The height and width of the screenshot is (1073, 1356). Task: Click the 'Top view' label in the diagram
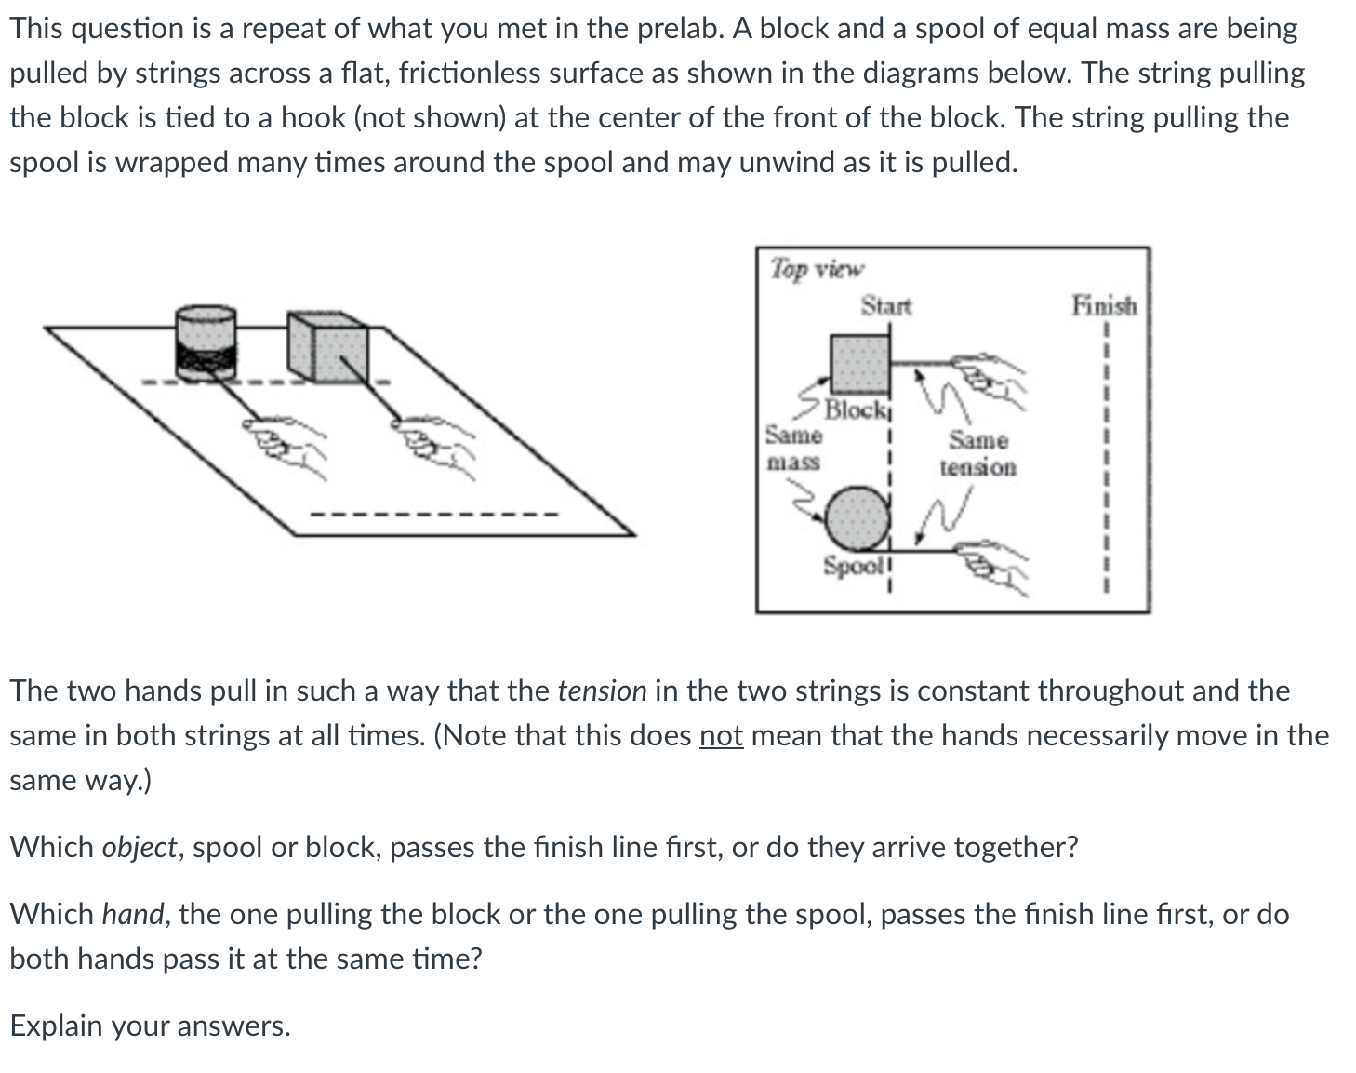[x=817, y=270]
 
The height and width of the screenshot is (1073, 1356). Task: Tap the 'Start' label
[x=885, y=305]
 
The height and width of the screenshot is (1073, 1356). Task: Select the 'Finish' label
[x=1104, y=305]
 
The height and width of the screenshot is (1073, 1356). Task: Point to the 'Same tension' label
[x=977, y=453]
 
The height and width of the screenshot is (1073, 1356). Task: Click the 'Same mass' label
[x=793, y=448]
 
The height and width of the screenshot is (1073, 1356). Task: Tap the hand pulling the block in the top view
[x=990, y=378]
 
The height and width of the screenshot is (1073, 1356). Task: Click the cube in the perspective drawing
[x=327, y=346]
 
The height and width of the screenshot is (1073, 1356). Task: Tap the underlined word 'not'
[x=721, y=736]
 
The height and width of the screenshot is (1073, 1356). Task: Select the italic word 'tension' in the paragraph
[x=602, y=691]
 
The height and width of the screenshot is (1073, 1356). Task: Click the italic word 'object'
[x=139, y=848]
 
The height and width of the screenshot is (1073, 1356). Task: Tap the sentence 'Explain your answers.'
[x=150, y=1026]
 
